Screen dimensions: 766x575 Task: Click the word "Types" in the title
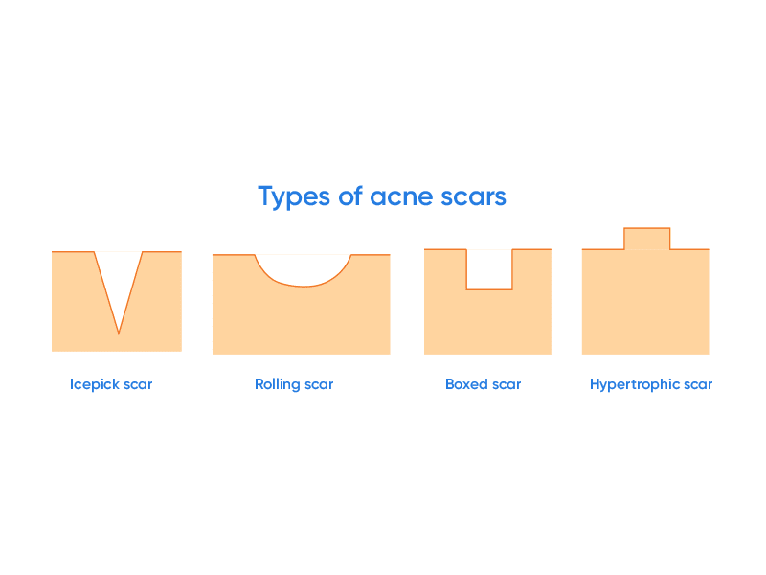(294, 197)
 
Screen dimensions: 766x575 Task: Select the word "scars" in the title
(473, 197)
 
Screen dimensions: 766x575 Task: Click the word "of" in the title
(350, 195)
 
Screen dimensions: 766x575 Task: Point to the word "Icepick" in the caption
(94, 384)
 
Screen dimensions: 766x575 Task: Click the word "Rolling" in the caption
(277, 384)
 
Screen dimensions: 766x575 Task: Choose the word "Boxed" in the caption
(466, 384)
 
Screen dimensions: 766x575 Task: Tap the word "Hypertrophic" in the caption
(635, 384)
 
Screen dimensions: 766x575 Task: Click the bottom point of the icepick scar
(119, 333)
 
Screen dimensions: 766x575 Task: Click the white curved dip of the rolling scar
(304, 269)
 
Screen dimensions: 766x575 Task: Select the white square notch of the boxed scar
(489, 269)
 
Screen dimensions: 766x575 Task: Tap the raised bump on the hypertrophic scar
(647, 239)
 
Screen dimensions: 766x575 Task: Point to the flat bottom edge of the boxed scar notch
(489, 289)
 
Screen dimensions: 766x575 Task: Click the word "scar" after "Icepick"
(138, 385)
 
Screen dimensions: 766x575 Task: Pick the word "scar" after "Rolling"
(319, 385)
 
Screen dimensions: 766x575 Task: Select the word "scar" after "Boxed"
(507, 385)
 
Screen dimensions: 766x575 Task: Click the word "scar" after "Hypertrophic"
(698, 385)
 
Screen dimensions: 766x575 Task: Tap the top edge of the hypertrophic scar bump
(647, 228)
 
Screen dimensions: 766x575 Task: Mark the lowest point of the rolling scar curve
(304, 286)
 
